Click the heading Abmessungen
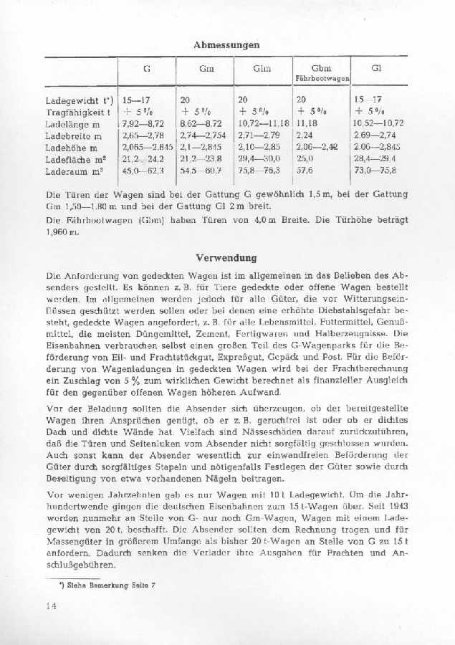click(226, 44)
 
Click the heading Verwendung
click(226, 257)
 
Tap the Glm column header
click(262, 69)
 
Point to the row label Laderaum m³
click(74, 171)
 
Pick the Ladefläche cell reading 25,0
click(305, 159)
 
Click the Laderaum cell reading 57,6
click(305, 171)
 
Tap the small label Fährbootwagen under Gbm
click(322, 77)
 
